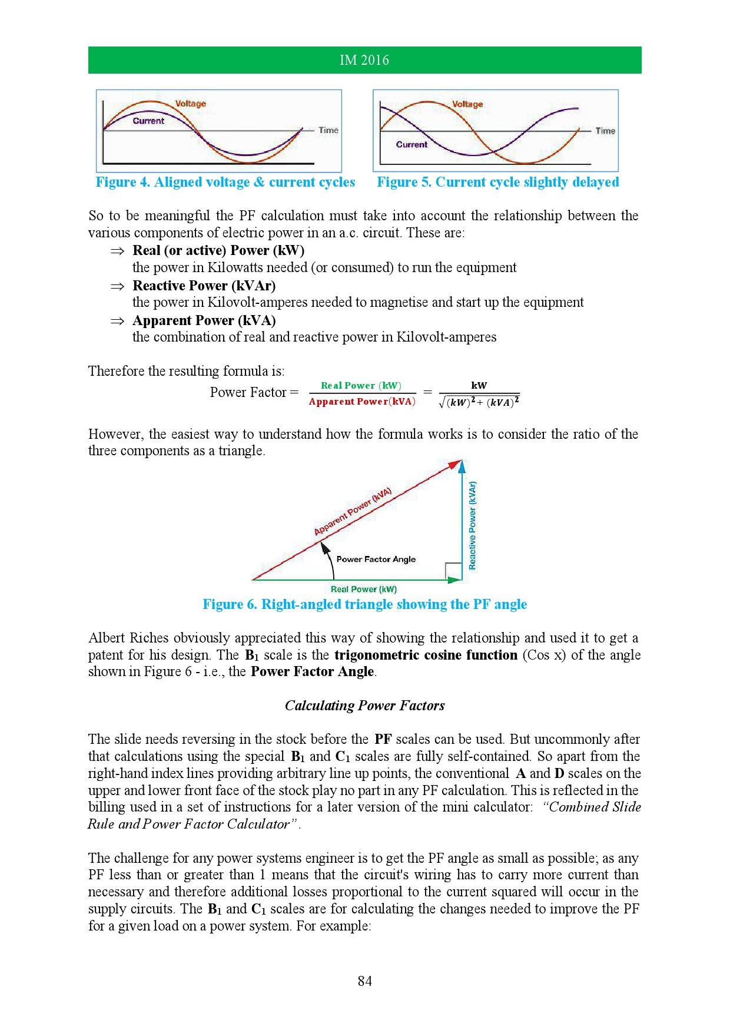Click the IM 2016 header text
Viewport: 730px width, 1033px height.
(x=364, y=60)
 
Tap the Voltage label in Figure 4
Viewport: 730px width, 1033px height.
(x=191, y=104)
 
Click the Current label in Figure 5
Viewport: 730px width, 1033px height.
(x=412, y=144)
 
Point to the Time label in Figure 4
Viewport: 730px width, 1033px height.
(x=328, y=130)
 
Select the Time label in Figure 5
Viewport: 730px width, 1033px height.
(x=605, y=131)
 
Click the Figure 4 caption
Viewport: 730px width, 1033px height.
(x=225, y=183)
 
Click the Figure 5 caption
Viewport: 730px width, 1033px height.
(x=497, y=183)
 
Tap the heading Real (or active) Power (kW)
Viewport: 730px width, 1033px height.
(x=218, y=250)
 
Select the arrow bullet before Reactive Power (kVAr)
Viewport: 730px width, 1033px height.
(x=117, y=286)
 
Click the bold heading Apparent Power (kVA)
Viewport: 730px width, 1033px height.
(x=204, y=320)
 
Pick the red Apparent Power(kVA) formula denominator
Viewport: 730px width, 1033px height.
(x=362, y=402)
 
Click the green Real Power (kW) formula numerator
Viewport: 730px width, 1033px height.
(x=361, y=386)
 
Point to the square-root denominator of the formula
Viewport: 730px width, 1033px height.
(x=479, y=402)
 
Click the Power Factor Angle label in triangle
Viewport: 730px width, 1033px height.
(x=376, y=559)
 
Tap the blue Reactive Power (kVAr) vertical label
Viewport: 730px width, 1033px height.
(x=472, y=525)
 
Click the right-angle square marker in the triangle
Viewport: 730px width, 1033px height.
(x=453, y=571)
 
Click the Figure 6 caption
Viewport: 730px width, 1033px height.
(x=364, y=604)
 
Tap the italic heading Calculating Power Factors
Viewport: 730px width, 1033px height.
(x=364, y=706)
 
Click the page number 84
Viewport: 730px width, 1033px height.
(x=364, y=981)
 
